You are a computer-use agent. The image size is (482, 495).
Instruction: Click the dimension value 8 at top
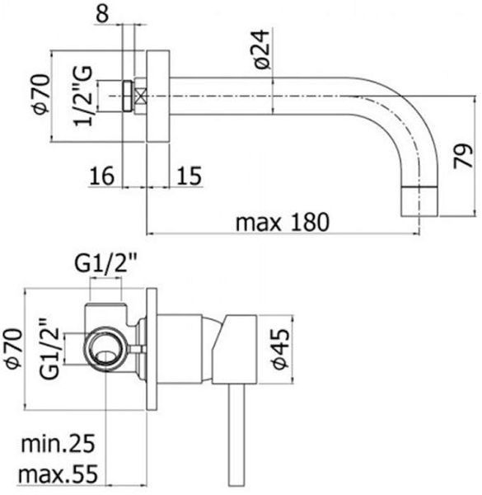tap(103, 13)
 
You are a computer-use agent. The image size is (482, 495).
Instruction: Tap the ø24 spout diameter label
tap(262, 49)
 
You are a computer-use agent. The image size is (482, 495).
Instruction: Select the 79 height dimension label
tap(463, 156)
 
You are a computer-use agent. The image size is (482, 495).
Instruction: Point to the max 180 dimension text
tap(283, 222)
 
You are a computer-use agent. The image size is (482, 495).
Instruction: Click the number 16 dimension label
tap(102, 176)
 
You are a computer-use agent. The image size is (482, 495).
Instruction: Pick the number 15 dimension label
tap(190, 176)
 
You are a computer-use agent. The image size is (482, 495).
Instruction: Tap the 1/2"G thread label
tap(83, 96)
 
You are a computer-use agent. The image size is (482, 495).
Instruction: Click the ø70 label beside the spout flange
tap(42, 94)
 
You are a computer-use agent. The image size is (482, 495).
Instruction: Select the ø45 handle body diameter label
tap(281, 349)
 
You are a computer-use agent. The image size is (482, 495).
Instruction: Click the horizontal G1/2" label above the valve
tap(105, 264)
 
